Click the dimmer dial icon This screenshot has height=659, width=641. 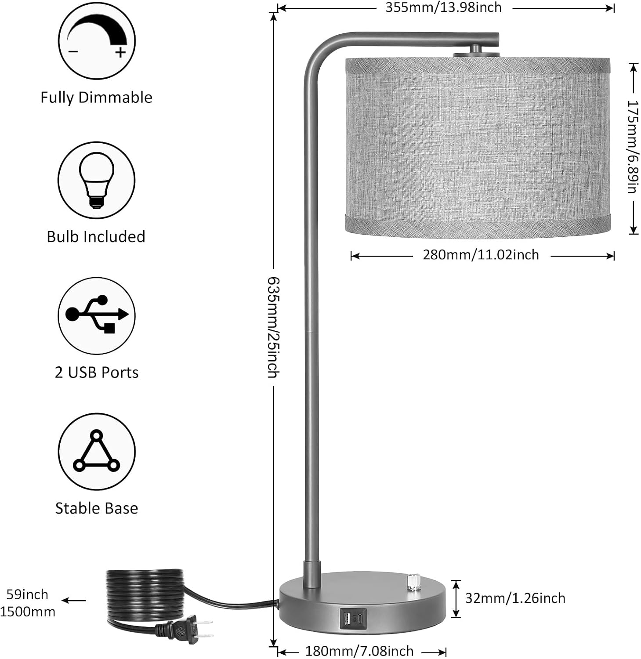pos(97,41)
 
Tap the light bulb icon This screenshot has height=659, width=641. pos(97,180)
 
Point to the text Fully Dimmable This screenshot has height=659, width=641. pos(96,98)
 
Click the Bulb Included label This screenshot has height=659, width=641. pos(96,237)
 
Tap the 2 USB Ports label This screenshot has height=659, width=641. pos(97,373)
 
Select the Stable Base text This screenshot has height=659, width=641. pos(97,508)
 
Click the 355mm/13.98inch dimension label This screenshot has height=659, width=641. pos(443,7)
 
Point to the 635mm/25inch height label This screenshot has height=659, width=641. pos(274,327)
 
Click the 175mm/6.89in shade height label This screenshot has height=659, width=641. pos(633,147)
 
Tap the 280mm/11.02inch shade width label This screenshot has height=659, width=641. pos(481,255)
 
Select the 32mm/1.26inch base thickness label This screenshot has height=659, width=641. pos(515,598)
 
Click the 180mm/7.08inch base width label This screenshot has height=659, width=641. pos(359,651)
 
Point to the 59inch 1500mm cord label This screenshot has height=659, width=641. pos(28,603)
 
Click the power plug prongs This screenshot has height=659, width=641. pos(205,629)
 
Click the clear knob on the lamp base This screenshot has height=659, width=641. pos(413,581)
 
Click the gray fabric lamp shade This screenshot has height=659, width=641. pos(478,148)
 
